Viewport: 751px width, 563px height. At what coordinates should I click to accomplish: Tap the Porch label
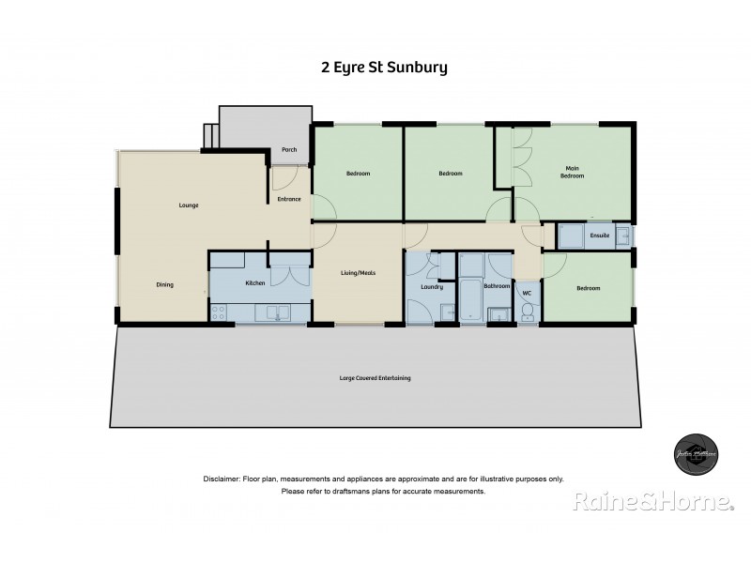point(289,149)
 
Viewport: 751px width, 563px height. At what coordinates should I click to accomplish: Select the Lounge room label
point(190,205)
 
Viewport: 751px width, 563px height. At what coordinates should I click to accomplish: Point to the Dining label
point(165,284)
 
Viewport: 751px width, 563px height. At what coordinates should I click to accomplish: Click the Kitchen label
point(255,282)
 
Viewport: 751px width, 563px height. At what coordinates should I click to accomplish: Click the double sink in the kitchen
point(274,313)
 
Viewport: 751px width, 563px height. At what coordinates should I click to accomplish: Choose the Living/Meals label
point(358,273)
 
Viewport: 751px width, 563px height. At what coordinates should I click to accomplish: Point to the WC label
point(527,294)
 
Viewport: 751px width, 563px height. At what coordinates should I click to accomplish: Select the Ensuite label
point(600,235)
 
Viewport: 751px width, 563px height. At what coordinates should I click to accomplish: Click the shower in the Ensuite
point(569,236)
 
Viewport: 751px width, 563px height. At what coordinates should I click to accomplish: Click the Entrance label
point(289,198)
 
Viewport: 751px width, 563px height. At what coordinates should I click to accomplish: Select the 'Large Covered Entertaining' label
point(375,378)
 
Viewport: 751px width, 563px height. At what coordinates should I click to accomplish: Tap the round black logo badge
point(697,453)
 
